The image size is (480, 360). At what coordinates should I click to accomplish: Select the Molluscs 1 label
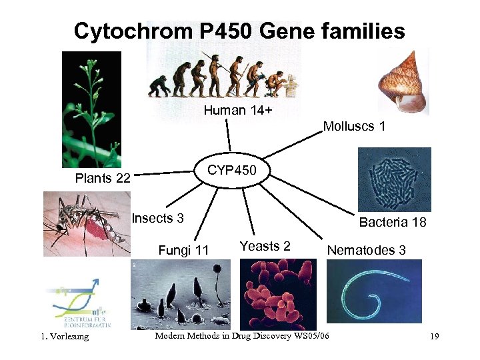(354, 126)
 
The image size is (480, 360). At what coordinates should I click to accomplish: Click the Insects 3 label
(157, 218)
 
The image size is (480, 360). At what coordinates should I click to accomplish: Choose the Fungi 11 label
(183, 250)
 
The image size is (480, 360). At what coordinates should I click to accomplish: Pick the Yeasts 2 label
(265, 246)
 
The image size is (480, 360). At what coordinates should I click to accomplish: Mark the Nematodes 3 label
(366, 250)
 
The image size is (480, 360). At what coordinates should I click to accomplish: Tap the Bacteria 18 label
(392, 222)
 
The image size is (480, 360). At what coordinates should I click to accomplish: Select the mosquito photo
(87, 224)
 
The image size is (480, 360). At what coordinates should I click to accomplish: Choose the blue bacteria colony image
(394, 179)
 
